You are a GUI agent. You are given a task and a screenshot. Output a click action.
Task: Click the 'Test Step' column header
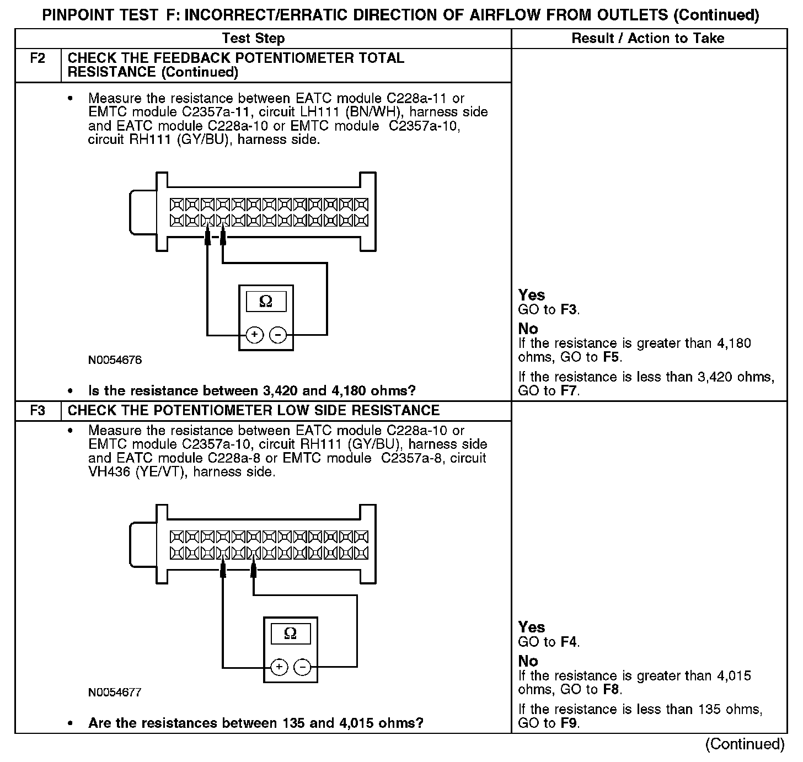click(x=253, y=39)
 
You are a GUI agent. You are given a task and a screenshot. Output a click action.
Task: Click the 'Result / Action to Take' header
click(x=648, y=39)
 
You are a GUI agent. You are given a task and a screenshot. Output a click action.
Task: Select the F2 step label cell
click(x=38, y=58)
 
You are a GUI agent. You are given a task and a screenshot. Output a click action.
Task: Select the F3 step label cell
click(x=38, y=411)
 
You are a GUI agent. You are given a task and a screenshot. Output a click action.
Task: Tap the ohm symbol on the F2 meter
click(x=265, y=302)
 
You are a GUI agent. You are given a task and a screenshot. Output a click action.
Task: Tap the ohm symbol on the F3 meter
click(x=290, y=634)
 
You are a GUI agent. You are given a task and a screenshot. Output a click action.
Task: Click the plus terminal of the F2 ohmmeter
click(x=254, y=335)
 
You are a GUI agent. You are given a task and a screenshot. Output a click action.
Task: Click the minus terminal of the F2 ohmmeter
click(x=278, y=335)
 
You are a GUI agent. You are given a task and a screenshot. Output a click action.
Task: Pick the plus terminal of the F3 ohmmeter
click(x=279, y=667)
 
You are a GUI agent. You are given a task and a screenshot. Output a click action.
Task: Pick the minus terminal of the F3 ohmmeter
click(x=302, y=667)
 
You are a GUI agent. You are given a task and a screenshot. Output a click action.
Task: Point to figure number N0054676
click(x=115, y=361)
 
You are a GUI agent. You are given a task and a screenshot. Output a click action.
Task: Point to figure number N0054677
click(x=115, y=693)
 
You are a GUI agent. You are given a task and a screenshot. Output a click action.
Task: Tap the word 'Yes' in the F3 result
click(x=532, y=627)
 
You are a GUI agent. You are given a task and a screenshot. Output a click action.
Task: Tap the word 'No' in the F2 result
click(x=528, y=329)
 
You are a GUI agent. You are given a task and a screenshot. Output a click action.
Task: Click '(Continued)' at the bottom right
click(x=745, y=744)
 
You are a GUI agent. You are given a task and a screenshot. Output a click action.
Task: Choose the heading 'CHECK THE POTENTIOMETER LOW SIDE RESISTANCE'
click(x=254, y=411)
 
